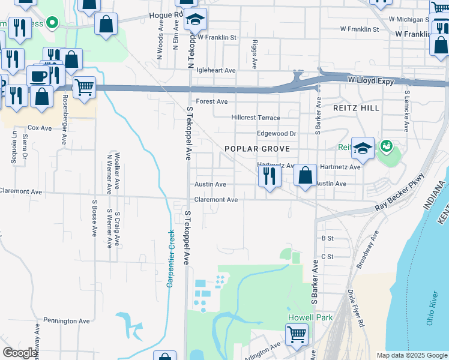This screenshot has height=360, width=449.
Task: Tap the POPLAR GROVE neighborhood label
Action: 257,149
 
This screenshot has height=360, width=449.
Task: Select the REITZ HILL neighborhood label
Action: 357,108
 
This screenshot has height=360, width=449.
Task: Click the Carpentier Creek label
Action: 170,259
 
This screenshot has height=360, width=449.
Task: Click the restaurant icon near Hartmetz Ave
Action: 270,176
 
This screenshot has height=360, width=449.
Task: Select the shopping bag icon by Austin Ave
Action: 306,176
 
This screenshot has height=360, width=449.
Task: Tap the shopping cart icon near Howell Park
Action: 297,334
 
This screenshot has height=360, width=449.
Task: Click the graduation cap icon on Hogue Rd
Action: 195,19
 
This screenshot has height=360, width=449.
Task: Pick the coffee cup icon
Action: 39,76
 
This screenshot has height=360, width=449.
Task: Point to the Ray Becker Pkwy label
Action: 399,192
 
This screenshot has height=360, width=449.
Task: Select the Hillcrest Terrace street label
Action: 256,118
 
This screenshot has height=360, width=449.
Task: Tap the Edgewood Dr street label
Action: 276,134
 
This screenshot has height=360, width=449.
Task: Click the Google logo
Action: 20,353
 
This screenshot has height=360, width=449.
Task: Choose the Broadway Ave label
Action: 367,249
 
